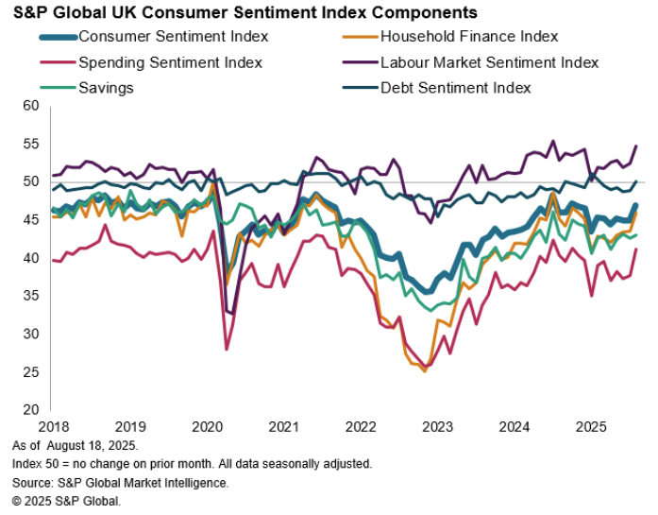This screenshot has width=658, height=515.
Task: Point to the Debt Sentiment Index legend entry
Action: (456, 87)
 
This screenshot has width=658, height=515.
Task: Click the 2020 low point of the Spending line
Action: (227, 350)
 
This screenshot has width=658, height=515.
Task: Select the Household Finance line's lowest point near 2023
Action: (425, 371)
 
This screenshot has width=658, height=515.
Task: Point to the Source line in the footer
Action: (121, 482)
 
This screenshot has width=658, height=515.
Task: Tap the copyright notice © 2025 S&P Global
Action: (67, 501)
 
